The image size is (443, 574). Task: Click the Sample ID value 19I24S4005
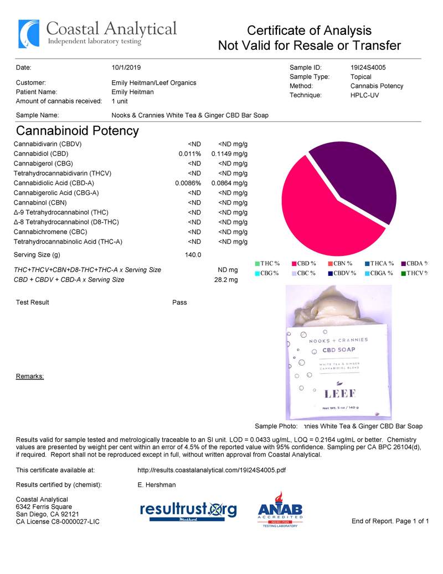click(368, 67)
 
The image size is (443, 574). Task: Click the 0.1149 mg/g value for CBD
click(229, 154)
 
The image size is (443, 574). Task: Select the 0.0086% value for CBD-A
click(188, 183)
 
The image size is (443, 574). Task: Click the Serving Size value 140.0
click(192, 255)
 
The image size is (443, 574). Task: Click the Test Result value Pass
click(179, 302)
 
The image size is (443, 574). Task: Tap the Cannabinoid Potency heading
click(78, 131)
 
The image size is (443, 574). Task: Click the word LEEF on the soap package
click(340, 394)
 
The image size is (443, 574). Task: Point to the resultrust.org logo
click(188, 510)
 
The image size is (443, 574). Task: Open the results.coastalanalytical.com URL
click(211, 471)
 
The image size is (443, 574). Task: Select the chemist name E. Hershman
click(156, 485)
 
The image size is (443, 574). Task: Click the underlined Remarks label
click(30, 377)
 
